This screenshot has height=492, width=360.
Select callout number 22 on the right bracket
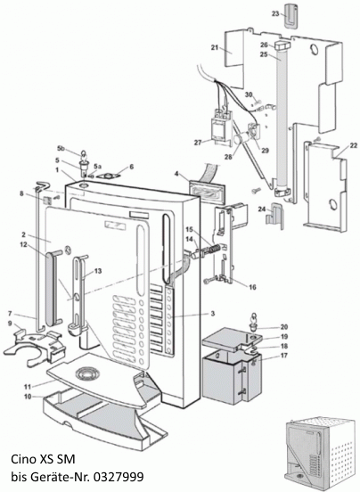click(x=354, y=145)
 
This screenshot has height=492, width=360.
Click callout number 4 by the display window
click(x=177, y=175)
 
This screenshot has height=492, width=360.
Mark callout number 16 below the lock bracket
click(x=252, y=287)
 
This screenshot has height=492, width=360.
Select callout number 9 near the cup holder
click(x=11, y=324)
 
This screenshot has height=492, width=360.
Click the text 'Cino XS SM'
click(x=40, y=461)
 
